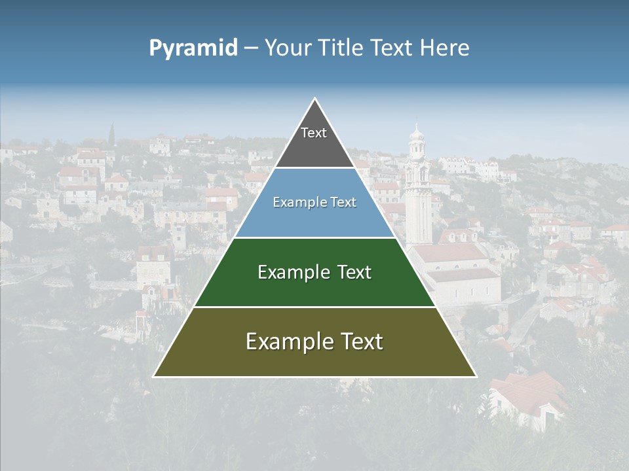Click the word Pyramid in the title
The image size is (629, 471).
click(193, 48)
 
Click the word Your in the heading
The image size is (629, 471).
click(286, 48)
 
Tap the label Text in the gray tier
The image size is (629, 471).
click(314, 133)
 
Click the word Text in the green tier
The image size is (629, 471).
click(351, 272)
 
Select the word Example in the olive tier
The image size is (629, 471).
click(283, 341)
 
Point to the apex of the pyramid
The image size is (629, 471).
click(314, 99)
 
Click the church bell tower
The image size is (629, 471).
click(417, 196)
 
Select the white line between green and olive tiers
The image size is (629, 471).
click(314, 307)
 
